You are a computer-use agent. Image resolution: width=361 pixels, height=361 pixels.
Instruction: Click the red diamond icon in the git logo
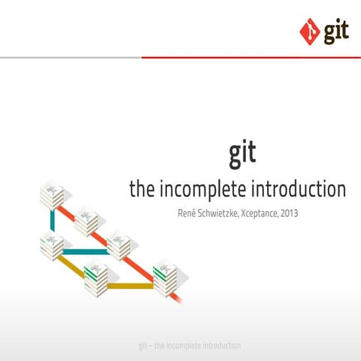click(309, 32)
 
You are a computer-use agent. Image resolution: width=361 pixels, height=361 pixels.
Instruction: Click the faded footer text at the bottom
click(190, 346)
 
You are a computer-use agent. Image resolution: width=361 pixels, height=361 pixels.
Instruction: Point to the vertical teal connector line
click(52, 220)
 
